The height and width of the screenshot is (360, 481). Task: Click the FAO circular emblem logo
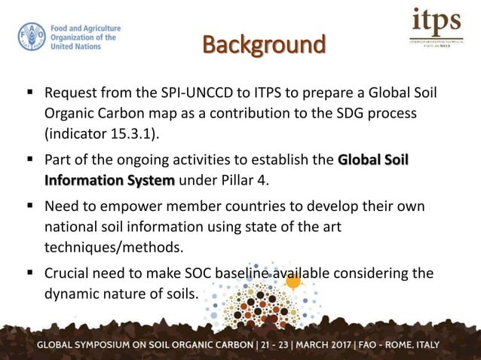pyautogui.click(x=32, y=37)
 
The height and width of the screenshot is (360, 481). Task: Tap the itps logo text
pyautogui.click(x=437, y=22)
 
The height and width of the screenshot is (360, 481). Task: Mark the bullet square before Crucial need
pyautogui.click(x=29, y=272)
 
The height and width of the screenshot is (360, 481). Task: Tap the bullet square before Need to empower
pyautogui.click(x=29, y=206)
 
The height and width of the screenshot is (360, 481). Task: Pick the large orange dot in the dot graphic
pyautogui.click(x=293, y=282)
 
